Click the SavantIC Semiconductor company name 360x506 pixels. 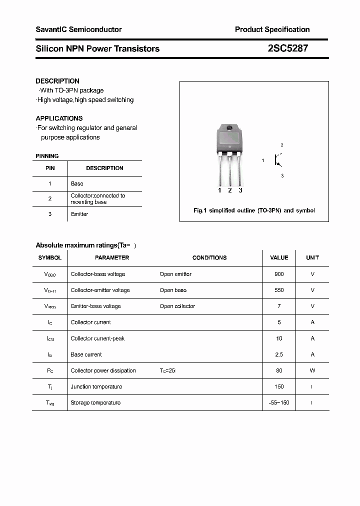coord(78,29)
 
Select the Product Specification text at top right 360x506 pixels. coord(272,29)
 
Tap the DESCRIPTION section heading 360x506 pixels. coord(57,81)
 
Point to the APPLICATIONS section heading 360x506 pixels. coord(59,118)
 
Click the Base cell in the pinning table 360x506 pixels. coord(77,183)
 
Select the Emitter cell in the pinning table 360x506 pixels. coord(79,214)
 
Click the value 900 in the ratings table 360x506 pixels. coord(279,274)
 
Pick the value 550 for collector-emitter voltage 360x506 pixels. coord(279,290)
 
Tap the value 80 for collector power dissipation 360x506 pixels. coord(279,370)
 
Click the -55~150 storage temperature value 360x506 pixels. coord(279,402)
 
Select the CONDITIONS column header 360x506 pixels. coord(209,257)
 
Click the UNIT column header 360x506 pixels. coord(312,257)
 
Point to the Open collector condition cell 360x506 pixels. coord(177,306)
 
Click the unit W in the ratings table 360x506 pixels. coord(312,370)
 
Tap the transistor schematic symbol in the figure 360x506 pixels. coord(276,160)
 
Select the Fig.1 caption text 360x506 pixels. coord(254,210)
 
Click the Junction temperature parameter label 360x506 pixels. coord(96,386)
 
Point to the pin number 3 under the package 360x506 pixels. coord(240,190)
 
